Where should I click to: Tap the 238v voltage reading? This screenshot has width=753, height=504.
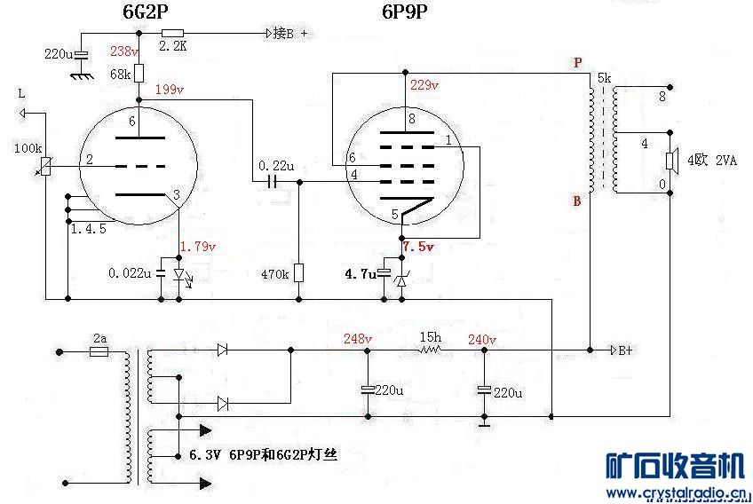[x=125, y=51]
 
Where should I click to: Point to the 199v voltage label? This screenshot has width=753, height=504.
[x=169, y=90]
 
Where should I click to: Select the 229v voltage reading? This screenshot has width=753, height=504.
[x=424, y=85]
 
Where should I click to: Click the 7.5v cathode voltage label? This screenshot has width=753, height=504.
[x=418, y=247]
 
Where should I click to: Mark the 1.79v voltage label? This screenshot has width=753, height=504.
[x=198, y=247]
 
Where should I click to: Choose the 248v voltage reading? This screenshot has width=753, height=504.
[x=358, y=338]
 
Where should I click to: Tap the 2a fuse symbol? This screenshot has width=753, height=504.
[x=99, y=351]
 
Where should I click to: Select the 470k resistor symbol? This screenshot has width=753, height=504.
[x=298, y=272]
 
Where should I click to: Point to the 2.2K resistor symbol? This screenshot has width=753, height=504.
[x=172, y=34]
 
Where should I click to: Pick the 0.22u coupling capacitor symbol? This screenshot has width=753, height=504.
[x=273, y=181]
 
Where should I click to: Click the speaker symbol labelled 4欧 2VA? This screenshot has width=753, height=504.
[x=672, y=161]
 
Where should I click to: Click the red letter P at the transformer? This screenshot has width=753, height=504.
[x=578, y=63]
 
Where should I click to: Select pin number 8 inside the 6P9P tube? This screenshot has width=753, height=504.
[x=411, y=118]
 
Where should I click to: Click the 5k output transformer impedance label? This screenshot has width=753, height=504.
[x=604, y=78]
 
